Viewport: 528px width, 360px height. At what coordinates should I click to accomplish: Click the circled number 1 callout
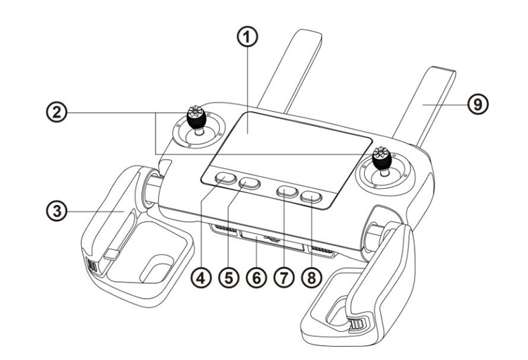pos(248,37)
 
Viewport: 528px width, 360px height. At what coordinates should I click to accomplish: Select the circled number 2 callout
pos(56,112)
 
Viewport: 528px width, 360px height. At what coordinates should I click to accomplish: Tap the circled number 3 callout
pos(56,211)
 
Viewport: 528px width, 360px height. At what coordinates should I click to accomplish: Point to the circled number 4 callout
pos(201,278)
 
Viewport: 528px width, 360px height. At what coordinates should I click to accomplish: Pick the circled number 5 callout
pos(229,278)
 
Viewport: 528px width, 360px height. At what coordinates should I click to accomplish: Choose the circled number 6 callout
pos(256,278)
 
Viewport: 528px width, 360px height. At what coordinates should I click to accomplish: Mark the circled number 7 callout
pos(284,278)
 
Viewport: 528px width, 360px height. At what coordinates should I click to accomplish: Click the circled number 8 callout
pos(312,278)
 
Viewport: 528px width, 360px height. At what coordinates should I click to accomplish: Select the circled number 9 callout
pos(478,104)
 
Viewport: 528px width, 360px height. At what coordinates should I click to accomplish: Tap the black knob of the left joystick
pos(196,118)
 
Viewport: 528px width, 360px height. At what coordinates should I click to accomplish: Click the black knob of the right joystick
pos(382,159)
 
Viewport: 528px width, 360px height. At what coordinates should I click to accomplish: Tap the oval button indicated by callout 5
pos(249,184)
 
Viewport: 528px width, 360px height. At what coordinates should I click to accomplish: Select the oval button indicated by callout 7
pos(287,192)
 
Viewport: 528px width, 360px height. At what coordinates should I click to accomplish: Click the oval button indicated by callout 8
pos(311,197)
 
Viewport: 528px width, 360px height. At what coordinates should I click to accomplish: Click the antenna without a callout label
pos(289,70)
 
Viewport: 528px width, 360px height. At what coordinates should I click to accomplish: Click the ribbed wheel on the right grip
pos(358,325)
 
